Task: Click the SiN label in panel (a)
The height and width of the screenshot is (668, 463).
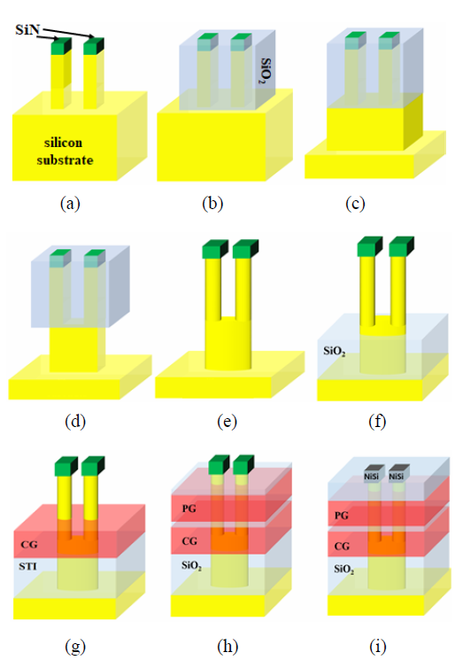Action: pyautogui.click(x=27, y=29)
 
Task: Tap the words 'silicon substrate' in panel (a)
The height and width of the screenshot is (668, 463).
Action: pyautogui.click(x=64, y=151)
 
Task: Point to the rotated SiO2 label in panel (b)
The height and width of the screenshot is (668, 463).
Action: pyautogui.click(x=266, y=71)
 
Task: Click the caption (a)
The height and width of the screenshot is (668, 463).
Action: pyautogui.click(x=70, y=204)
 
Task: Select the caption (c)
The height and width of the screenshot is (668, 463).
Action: pyautogui.click(x=355, y=204)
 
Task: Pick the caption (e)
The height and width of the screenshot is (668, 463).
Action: pyautogui.click(x=227, y=422)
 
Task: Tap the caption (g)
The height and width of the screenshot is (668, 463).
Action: pyautogui.click(x=75, y=647)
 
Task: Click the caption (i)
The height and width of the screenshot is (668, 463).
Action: pyautogui.click(x=378, y=647)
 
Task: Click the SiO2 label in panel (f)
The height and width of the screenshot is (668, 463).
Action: pyautogui.click(x=334, y=351)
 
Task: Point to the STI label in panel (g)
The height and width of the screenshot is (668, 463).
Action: pyautogui.click(x=27, y=566)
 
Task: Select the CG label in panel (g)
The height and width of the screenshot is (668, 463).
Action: pyautogui.click(x=29, y=544)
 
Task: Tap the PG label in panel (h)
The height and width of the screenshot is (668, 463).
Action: pyautogui.click(x=189, y=509)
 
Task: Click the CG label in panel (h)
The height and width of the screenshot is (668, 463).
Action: pyautogui.click(x=189, y=541)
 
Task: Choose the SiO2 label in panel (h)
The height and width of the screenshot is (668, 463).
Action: pyautogui.click(x=191, y=566)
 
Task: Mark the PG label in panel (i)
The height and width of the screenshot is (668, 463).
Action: pyautogui.click(x=342, y=516)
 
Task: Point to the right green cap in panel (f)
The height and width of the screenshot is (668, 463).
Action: pyautogui.click(x=401, y=246)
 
